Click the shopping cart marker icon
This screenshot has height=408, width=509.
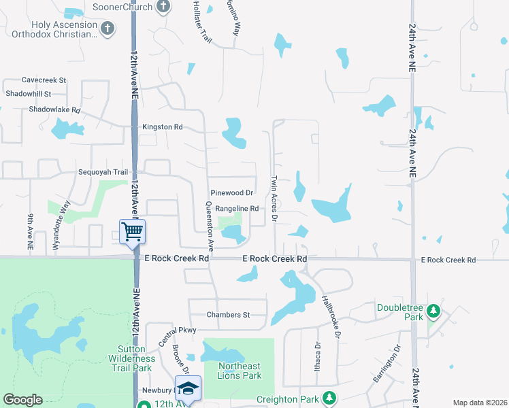point(132,231)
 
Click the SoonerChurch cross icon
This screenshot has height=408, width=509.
point(162,7)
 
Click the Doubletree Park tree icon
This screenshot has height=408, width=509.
point(433,312)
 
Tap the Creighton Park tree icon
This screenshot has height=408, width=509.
point(329,397)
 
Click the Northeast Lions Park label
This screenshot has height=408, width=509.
point(240,371)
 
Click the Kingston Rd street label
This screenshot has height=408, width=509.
point(163,127)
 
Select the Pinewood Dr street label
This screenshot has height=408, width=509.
point(231,193)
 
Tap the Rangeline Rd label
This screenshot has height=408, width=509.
point(237,209)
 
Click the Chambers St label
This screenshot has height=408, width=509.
point(229,315)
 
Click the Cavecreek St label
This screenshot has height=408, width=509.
point(44,80)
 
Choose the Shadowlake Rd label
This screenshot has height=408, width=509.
point(54,109)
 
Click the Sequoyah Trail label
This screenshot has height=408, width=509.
point(103,172)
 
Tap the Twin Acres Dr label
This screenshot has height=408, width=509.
point(274,198)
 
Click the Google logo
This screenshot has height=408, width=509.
point(23,399)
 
